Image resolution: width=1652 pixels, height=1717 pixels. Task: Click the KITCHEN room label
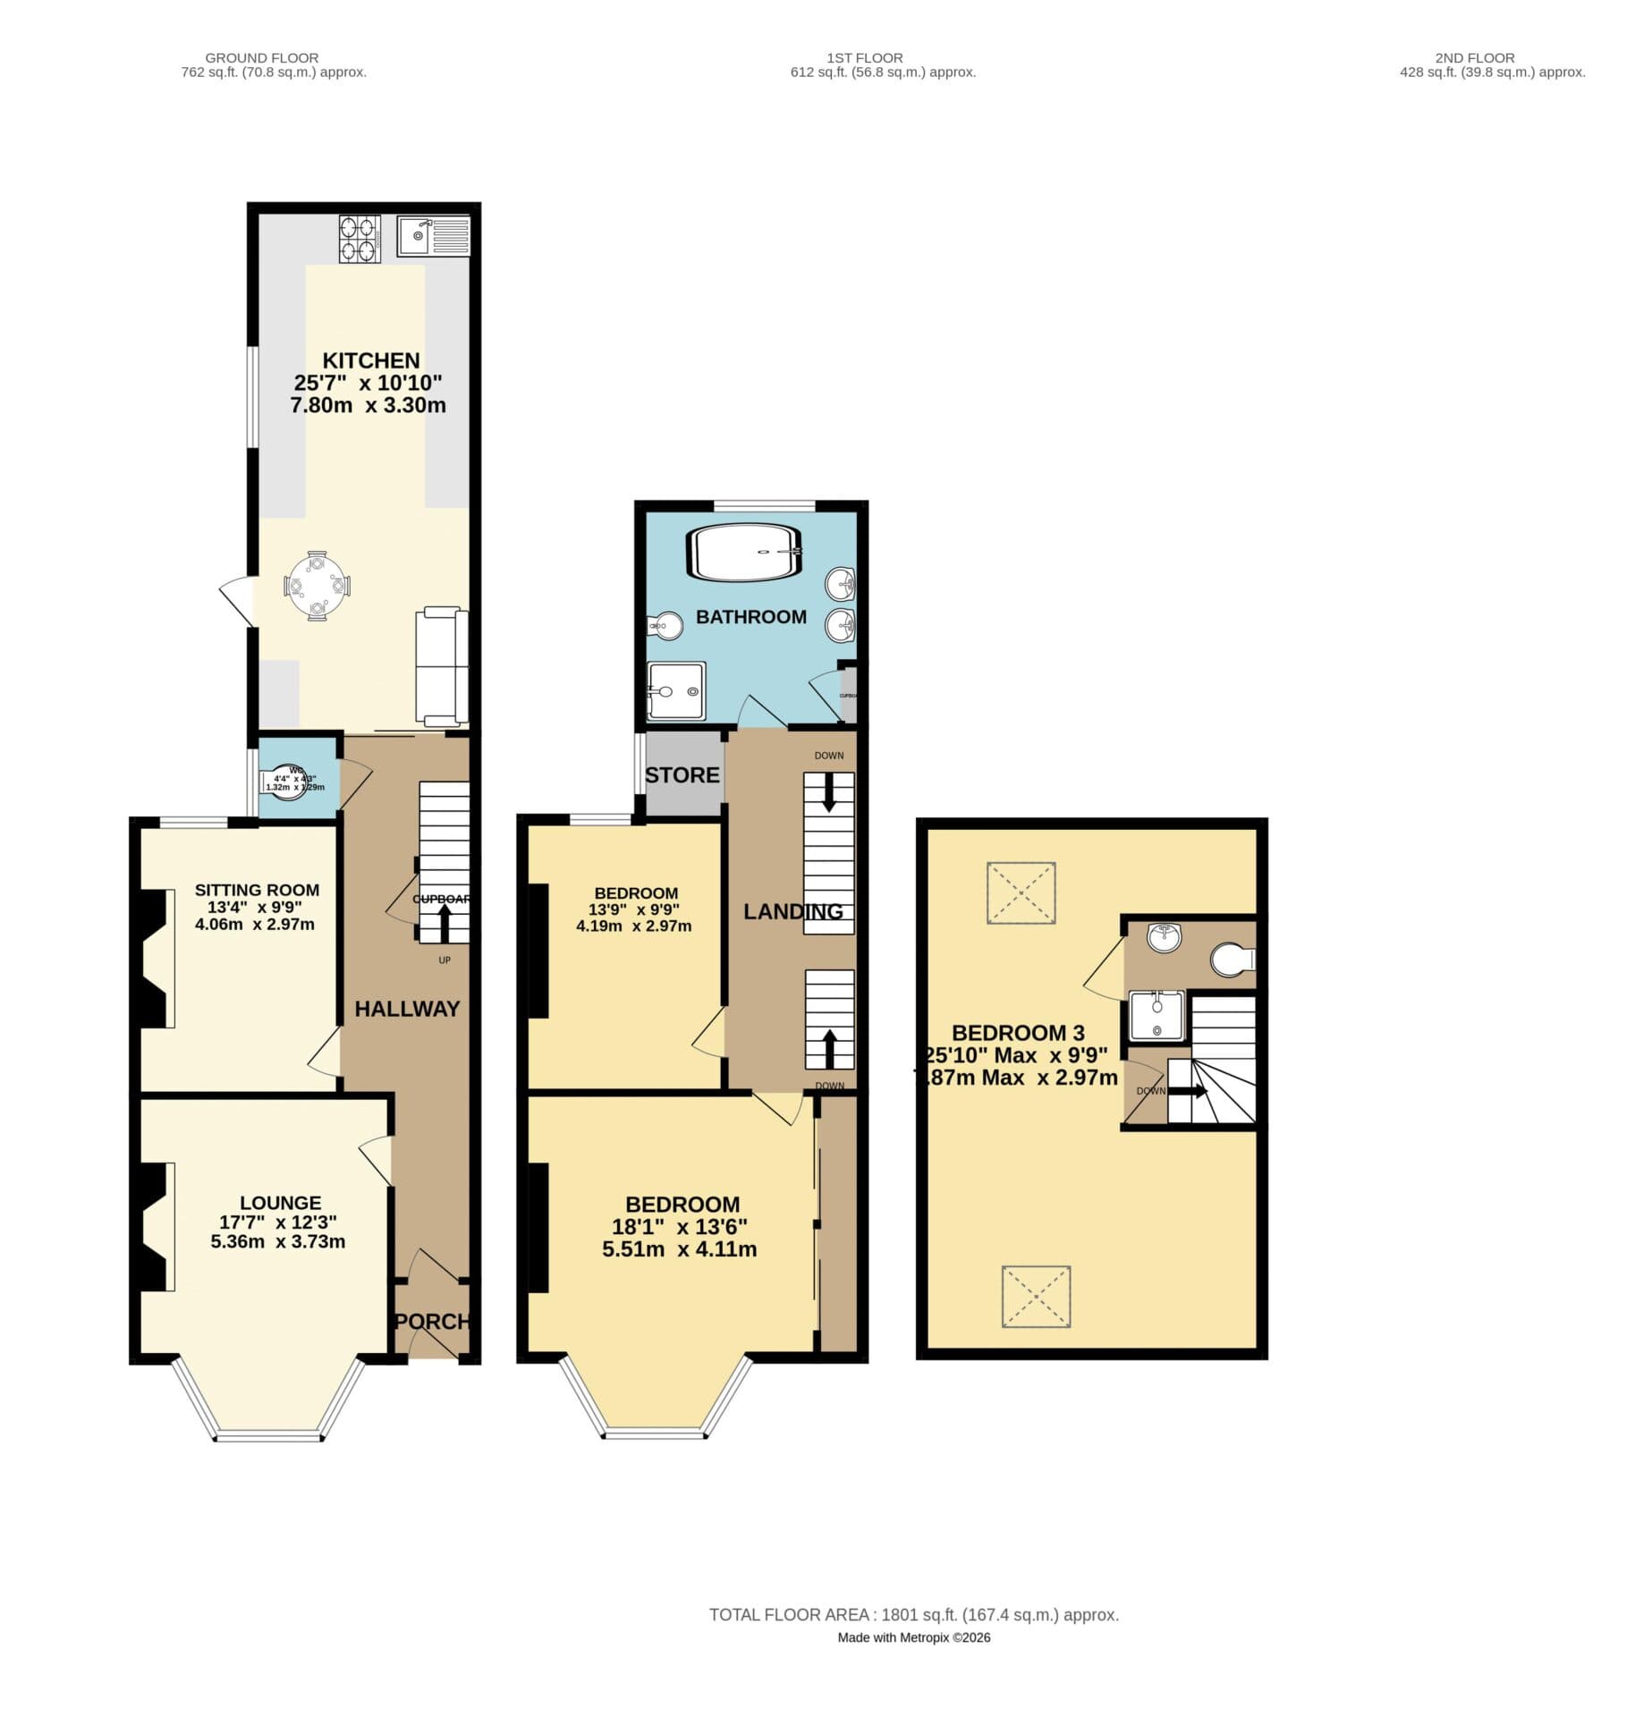(370, 360)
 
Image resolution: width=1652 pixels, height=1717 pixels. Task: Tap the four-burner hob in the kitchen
(360, 238)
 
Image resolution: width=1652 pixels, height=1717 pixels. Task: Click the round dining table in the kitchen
(317, 586)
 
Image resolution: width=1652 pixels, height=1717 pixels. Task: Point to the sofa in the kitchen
(442, 665)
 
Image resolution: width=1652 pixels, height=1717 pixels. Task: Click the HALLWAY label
(407, 1009)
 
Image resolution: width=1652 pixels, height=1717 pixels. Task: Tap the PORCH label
(433, 1321)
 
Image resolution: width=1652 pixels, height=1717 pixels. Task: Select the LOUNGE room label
(280, 1203)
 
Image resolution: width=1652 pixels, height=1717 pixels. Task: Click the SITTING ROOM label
(257, 890)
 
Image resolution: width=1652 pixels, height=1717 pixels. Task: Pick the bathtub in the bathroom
(744, 553)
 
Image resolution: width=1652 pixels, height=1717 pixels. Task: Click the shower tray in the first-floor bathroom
(676, 691)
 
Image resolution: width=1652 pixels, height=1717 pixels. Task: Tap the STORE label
(682, 775)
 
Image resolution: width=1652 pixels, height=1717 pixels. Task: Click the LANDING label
(793, 911)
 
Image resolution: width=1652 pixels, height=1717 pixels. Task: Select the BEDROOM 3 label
(1018, 1033)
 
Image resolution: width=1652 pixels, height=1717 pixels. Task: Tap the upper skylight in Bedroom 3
(1021, 892)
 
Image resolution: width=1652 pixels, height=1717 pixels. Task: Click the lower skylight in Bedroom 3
(1036, 1296)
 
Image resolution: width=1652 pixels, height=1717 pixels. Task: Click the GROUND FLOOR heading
(262, 58)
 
